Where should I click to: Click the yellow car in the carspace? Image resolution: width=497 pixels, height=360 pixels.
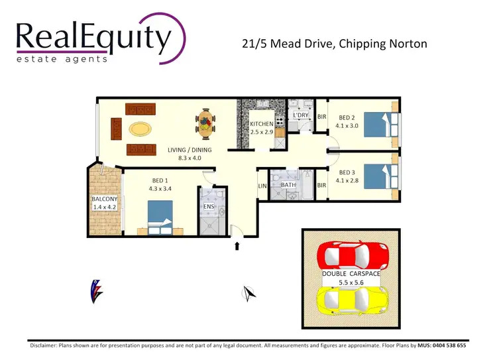(x=350, y=300)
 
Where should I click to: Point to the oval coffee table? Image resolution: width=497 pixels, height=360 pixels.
(x=140, y=128)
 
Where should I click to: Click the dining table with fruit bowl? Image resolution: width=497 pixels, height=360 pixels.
(x=206, y=123)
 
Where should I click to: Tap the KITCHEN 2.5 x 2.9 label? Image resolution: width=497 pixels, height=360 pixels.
(x=262, y=129)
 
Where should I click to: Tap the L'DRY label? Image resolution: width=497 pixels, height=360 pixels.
(x=301, y=115)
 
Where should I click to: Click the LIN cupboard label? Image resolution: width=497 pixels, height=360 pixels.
(x=262, y=186)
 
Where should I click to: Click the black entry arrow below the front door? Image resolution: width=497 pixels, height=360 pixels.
(x=237, y=247)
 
